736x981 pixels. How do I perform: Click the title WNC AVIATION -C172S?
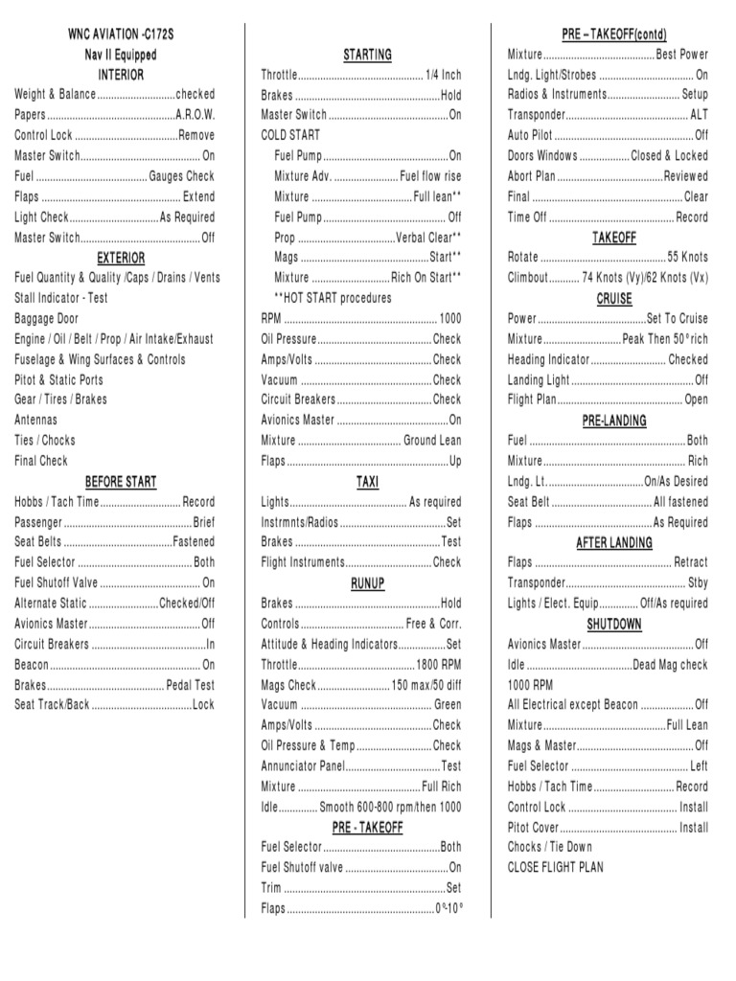121,34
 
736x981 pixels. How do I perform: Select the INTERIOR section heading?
121,74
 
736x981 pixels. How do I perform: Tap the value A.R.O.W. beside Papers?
195,115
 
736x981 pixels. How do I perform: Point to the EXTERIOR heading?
121,258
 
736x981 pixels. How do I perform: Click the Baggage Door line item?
47,318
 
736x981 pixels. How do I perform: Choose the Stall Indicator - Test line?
61,298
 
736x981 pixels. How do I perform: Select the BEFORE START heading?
121,481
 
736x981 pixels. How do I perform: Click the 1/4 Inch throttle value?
444,75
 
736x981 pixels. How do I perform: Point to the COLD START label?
290,135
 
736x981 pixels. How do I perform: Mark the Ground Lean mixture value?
431,441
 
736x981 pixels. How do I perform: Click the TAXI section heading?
368,482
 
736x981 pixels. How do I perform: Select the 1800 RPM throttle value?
438,665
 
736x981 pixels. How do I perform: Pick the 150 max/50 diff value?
425,685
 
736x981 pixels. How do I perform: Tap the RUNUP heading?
368,583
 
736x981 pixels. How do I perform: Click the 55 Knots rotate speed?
688,258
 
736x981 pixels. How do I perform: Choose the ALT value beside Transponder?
699,115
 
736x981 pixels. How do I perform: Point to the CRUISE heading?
614,299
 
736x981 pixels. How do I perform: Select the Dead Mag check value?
670,665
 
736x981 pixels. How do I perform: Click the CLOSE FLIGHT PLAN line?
555,868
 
